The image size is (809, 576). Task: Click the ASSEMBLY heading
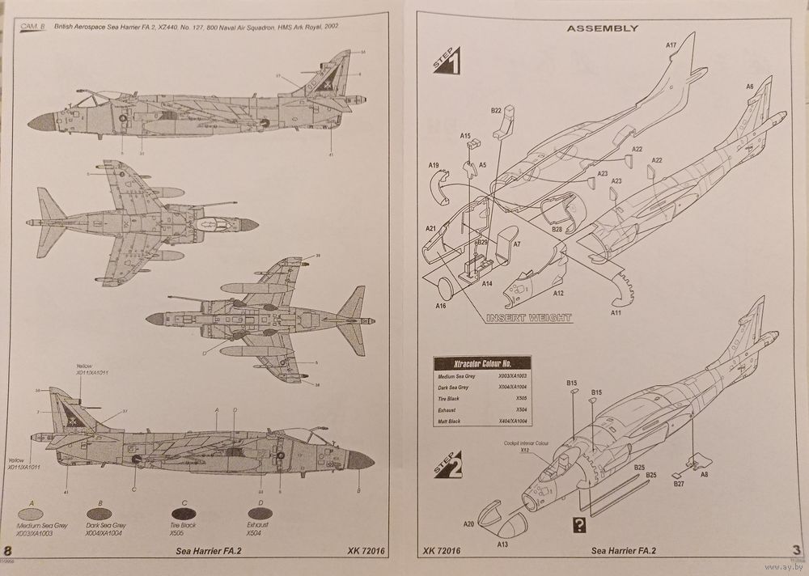601,28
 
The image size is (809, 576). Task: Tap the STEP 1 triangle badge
448,61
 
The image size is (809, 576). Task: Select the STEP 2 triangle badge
448,466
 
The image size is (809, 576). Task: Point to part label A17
671,46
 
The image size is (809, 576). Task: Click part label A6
749,87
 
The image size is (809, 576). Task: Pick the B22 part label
496,109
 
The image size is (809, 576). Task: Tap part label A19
434,166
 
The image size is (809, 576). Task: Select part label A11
616,311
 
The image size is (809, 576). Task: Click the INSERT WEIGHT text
528,318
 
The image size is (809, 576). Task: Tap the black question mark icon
578,523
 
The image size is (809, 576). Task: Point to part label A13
502,544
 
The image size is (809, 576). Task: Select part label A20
468,524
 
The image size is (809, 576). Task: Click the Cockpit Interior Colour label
526,443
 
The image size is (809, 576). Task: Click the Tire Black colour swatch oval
184,514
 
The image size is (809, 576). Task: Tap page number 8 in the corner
8,551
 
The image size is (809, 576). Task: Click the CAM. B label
32,27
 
